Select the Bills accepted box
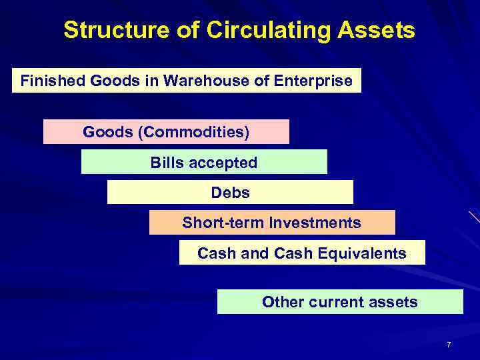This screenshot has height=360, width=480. pos(204,162)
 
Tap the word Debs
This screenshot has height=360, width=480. pos(230,193)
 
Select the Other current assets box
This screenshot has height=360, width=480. pos(340,302)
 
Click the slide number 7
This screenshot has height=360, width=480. pos(449,345)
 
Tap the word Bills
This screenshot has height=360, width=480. pos(163,162)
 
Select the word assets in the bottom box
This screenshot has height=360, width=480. pos(395,302)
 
